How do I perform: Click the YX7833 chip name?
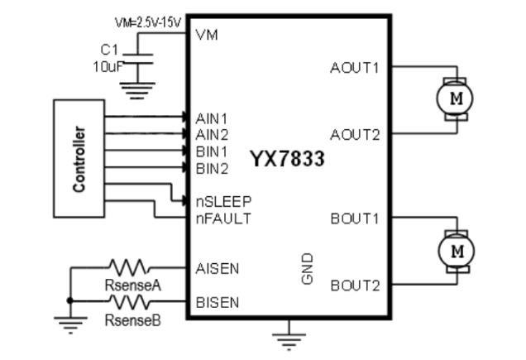287,159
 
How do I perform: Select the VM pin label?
206,35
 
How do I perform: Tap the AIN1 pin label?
213,118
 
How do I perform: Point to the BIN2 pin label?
213,168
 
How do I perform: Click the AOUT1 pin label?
355,68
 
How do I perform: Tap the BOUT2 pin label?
355,286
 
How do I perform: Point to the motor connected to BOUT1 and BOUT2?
454,249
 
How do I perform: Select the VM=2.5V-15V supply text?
148,21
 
